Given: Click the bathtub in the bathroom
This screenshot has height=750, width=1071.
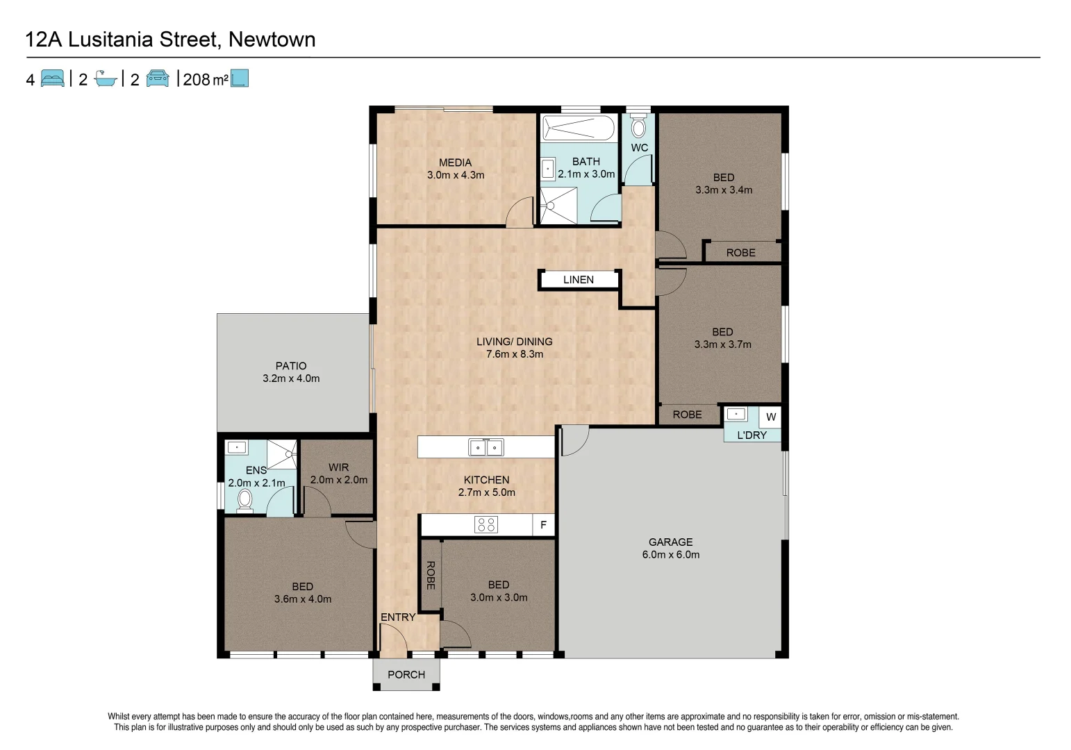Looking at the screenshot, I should (x=578, y=128).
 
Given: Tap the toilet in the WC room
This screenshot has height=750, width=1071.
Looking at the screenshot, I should (x=638, y=127).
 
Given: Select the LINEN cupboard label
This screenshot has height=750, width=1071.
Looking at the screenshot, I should (x=578, y=280).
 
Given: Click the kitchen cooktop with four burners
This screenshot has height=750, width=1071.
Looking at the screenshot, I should (x=486, y=525).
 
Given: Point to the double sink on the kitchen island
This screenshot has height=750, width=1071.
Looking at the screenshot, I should (x=485, y=448).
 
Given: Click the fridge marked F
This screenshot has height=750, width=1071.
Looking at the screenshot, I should (x=543, y=526).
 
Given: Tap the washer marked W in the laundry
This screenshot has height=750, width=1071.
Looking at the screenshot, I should (x=770, y=417).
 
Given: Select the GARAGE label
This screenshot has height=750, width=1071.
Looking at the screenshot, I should (x=670, y=542).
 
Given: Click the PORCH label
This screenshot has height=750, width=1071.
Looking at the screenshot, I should (x=406, y=675).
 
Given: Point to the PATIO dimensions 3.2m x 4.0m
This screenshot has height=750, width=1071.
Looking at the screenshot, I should (x=291, y=379).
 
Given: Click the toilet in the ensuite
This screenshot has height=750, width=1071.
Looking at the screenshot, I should (x=244, y=499).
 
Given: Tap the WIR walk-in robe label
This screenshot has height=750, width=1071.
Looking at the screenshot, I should (x=339, y=467).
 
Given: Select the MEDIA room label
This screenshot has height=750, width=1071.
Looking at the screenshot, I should (x=455, y=162).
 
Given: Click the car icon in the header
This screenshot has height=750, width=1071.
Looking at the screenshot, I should (x=158, y=78).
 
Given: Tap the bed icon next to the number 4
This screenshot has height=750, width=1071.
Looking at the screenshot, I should (x=53, y=78).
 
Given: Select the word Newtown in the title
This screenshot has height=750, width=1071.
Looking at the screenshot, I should (x=272, y=40).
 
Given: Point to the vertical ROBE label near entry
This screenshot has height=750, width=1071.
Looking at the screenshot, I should (x=431, y=575).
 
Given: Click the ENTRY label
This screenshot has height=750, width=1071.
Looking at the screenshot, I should (x=398, y=617).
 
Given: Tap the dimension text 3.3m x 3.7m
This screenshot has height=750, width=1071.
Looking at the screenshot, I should (x=722, y=344).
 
